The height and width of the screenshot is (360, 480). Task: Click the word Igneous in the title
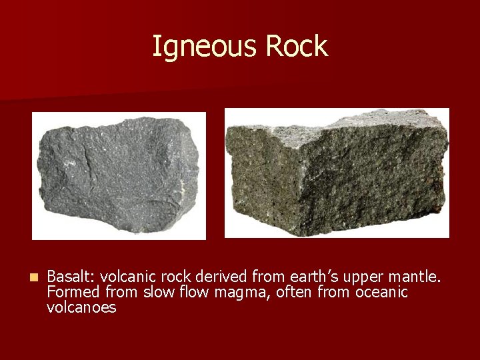pos(205,47)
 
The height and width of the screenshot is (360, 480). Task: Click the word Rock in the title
pos(297,47)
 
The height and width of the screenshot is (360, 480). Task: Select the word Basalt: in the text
pos(71,276)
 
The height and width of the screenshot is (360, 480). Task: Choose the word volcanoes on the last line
pos(81,308)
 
